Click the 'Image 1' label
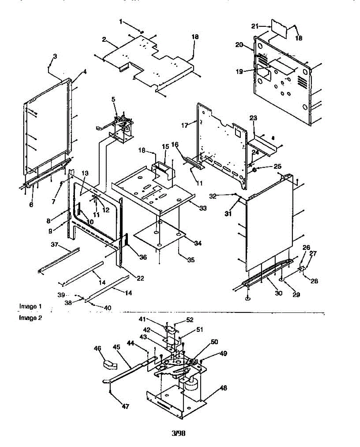point(30,306)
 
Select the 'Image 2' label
point(30,318)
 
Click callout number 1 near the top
point(121,22)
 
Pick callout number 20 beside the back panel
point(239,45)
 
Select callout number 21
point(265,26)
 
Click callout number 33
point(203,208)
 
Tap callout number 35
point(191,260)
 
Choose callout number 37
point(55,244)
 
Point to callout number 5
point(113,99)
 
